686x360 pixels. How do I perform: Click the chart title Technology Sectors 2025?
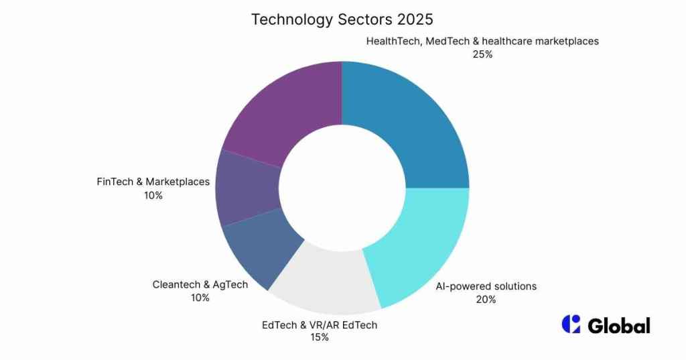click(x=342, y=19)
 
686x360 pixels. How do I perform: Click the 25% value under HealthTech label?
click(x=482, y=54)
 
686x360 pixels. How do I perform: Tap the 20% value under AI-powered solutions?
click(x=486, y=300)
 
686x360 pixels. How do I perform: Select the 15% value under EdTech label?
click(x=319, y=338)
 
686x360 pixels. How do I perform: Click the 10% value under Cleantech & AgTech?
click(x=200, y=298)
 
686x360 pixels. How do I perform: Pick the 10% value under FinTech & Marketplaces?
click(x=153, y=195)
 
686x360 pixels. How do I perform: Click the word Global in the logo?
click(x=619, y=326)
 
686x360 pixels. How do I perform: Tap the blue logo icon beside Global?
click(x=571, y=324)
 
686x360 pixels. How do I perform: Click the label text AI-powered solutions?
click(x=486, y=286)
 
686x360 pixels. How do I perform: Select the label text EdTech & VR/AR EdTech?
click(x=319, y=325)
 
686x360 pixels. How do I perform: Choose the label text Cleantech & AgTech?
click(x=200, y=284)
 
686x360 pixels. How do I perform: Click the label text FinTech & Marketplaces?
click(x=153, y=182)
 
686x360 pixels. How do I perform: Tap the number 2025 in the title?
click(x=414, y=19)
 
